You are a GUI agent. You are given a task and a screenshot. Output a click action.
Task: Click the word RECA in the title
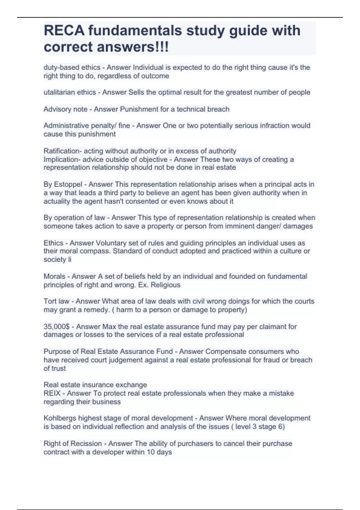point(64,31)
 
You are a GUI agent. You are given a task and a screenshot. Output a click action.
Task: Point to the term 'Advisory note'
point(65,109)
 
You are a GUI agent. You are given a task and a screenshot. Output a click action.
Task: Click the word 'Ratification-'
point(62,151)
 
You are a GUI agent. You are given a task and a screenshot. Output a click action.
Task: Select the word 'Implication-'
point(62,159)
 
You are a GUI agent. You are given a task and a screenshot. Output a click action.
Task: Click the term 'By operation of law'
point(74,217)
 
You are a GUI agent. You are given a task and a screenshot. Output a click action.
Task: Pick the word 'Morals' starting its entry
point(54,276)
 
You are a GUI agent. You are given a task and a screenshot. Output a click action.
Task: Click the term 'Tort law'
point(56,301)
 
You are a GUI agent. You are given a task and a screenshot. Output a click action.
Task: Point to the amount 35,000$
point(56,326)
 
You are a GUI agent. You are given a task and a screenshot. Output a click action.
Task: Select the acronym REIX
point(52,393)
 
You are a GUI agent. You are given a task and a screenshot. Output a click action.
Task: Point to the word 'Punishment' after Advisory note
point(137,109)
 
